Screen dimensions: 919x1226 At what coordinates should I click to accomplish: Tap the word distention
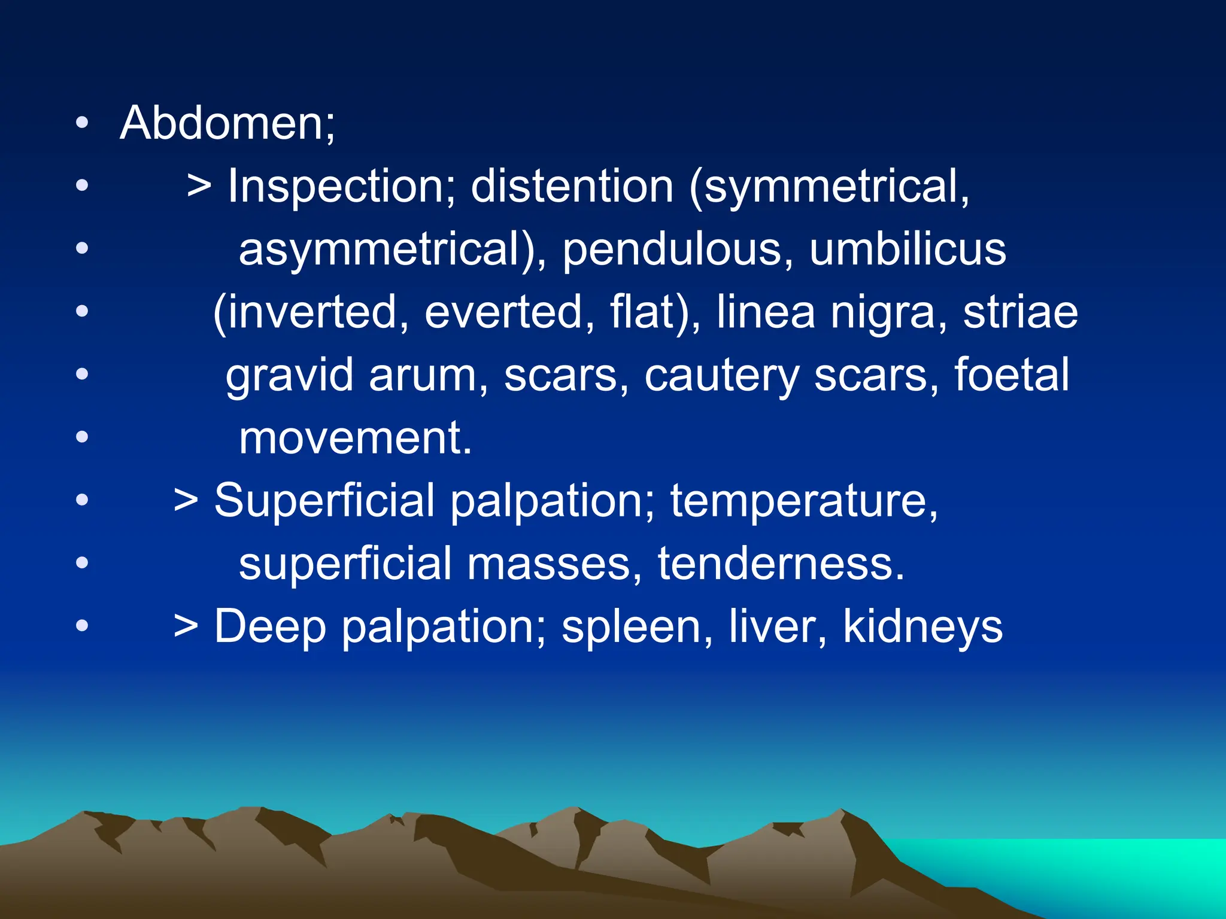[x=572, y=187]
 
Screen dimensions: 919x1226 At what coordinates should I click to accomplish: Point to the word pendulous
[x=672, y=249]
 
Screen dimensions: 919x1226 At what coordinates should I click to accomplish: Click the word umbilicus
[x=908, y=249]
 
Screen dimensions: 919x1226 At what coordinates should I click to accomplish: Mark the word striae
[x=1020, y=312]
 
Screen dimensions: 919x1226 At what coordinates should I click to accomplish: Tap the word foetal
[x=1012, y=376]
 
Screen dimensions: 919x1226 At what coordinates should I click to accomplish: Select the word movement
[x=354, y=439]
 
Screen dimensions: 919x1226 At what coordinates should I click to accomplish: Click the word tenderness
[x=781, y=564]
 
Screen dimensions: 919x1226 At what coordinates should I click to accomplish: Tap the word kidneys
[x=922, y=627]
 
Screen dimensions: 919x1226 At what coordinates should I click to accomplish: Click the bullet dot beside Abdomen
[x=82, y=123]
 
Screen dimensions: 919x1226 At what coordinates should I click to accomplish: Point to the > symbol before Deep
[x=186, y=627]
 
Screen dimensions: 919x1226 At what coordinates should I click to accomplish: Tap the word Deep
[x=271, y=627]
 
